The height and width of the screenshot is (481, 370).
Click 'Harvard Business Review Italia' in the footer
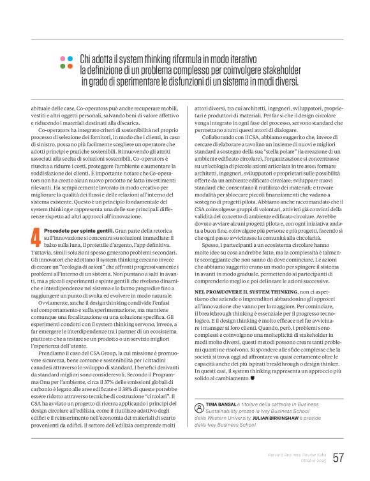295,454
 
